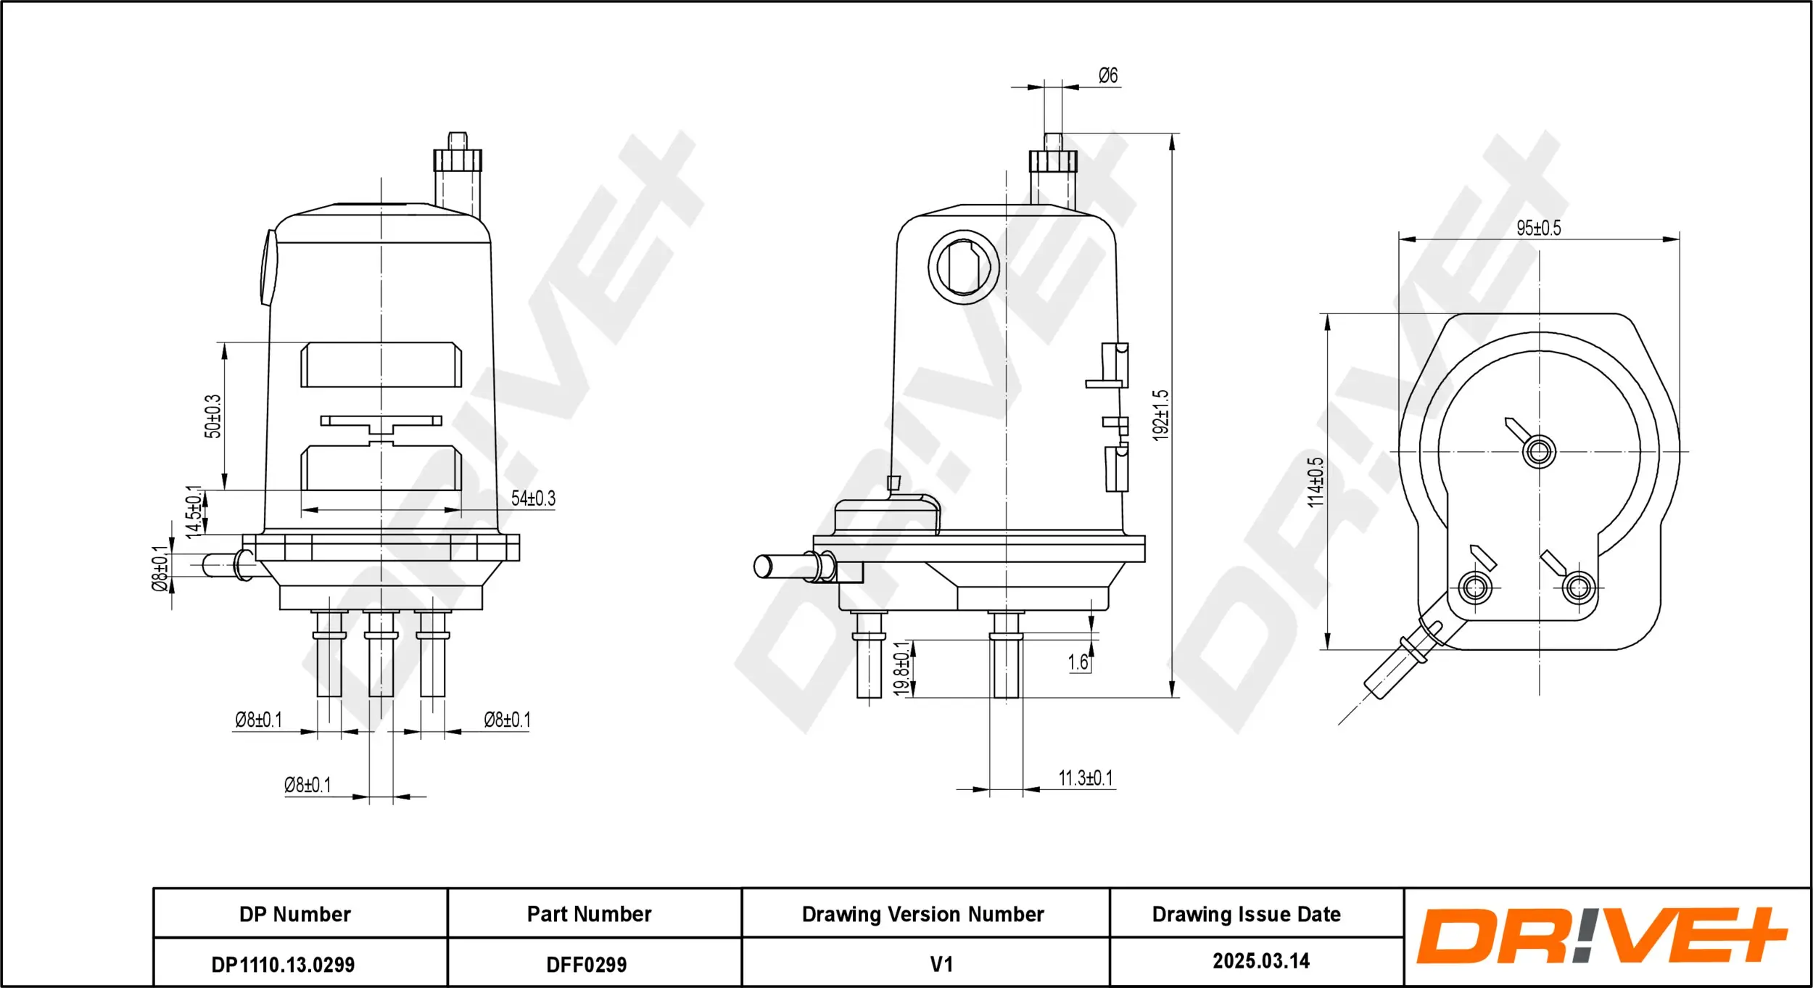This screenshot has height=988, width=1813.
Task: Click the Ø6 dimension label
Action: click(1107, 75)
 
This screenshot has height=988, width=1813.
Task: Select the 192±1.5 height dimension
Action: click(1161, 415)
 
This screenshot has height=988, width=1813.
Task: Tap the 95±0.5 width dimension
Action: click(1538, 228)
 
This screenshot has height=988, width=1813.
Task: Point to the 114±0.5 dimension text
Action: click(1316, 482)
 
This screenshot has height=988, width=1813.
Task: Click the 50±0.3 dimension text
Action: click(212, 416)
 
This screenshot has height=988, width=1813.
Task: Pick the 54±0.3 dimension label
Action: click(533, 498)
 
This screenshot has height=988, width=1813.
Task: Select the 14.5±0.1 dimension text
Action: click(193, 512)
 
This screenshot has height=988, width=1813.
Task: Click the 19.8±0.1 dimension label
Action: click(901, 669)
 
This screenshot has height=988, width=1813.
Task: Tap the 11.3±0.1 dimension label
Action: click(1085, 778)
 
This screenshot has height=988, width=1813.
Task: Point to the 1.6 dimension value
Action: click(1078, 662)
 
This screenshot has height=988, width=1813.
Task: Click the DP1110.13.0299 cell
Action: click(283, 965)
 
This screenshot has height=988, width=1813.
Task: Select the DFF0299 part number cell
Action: click(586, 965)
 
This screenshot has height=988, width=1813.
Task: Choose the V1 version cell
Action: click(941, 965)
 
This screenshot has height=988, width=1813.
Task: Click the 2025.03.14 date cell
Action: click(1261, 961)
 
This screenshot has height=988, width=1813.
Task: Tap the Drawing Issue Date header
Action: click(1246, 914)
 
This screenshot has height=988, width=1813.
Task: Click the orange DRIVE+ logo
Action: click(1601, 936)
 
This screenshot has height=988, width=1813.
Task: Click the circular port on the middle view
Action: click(964, 267)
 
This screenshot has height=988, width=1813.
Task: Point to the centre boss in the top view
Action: click(1539, 452)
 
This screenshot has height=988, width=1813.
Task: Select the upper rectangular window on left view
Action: click(381, 365)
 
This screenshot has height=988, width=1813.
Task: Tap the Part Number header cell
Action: click(589, 914)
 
